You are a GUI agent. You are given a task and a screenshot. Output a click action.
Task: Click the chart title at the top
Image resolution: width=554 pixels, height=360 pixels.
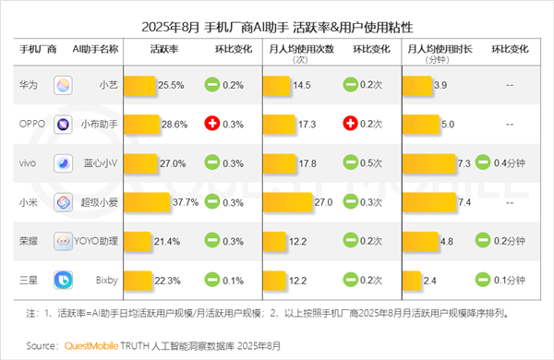[277, 16]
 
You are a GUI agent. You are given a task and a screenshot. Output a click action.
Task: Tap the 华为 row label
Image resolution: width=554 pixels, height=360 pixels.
[29, 85]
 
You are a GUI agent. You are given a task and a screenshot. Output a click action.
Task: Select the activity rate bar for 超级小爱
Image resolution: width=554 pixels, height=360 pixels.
[147, 202]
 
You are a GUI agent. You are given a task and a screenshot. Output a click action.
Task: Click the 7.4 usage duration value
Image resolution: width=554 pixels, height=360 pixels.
[464, 202]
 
